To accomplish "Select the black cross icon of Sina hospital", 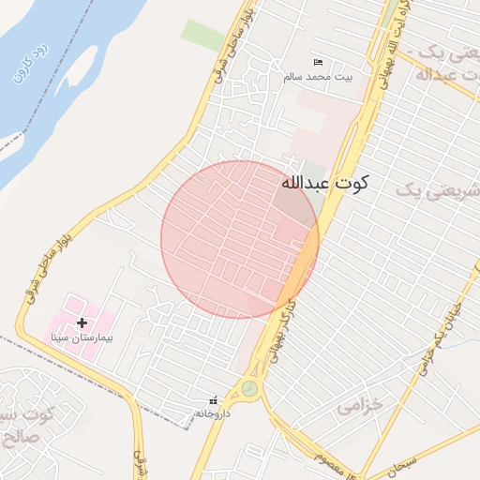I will point(82,322).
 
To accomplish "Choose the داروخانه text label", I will point(212,412).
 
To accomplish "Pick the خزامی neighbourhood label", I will point(360,405).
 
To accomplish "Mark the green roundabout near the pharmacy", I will point(248,386).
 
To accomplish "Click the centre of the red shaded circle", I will point(240,239).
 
